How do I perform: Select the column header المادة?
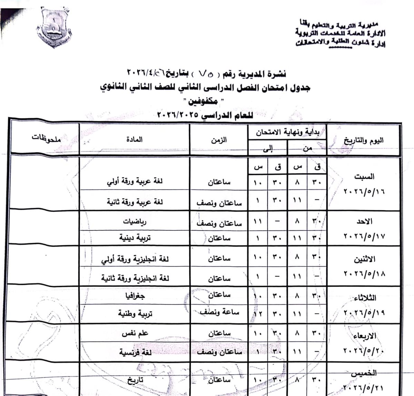tap(135, 140)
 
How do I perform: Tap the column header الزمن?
tap(219, 140)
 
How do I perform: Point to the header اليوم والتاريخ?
tap(364, 140)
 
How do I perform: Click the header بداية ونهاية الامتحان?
tap(287, 131)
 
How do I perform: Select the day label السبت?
tap(364, 177)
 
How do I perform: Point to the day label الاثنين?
tap(365, 259)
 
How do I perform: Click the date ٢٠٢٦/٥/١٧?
tap(364, 236)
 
